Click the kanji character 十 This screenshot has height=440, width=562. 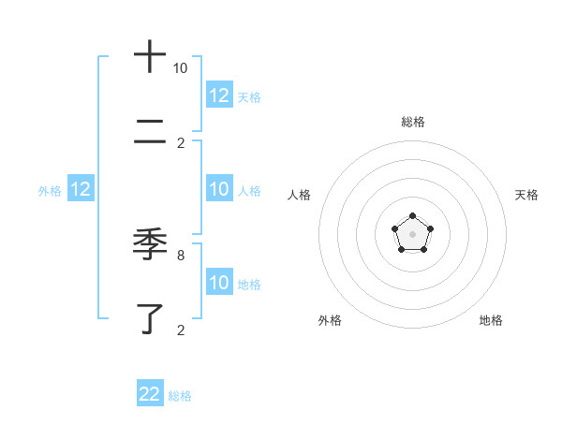pyautogui.click(x=150, y=56)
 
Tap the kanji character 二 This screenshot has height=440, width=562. pyautogui.click(x=150, y=135)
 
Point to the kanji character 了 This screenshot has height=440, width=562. pyautogui.click(x=150, y=318)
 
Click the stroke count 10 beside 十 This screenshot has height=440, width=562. pyautogui.click(x=180, y=68)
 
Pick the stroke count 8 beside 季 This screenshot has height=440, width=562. pyautogui.click(x=180, y=255)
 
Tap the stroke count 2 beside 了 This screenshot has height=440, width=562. pyautogui.click(x=180, y=330)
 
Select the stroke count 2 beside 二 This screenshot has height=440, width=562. pyautogui.click(x=180, y=143)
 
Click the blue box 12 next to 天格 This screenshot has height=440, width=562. pyautogui.click(x=218, y=95)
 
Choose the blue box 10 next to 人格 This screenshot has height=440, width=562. pyautogui.click(x=218, y=189)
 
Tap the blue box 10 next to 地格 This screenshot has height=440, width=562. pyautogui.click(x=218, y=283)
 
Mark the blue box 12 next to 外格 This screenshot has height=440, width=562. pyautogui.click(x=80, y=189)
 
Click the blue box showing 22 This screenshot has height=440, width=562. pyautogui.click(x=150, y=394)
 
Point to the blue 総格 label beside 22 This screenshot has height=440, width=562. pyautogui.click(x=180, y=396)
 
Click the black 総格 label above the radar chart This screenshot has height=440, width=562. pyautogui.click(x=413, y=122)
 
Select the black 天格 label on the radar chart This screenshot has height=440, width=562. pyautogui.click(x=526, y=195)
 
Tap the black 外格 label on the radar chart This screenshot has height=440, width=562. pyautogui.click(x=330, y=320)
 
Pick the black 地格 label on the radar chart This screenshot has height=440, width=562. pyautogui.click(x=491, y=320)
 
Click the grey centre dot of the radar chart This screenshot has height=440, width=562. pyautogui.click(x=413, y=234)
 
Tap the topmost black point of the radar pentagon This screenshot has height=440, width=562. pyautogui.click(x=413, y=217)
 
